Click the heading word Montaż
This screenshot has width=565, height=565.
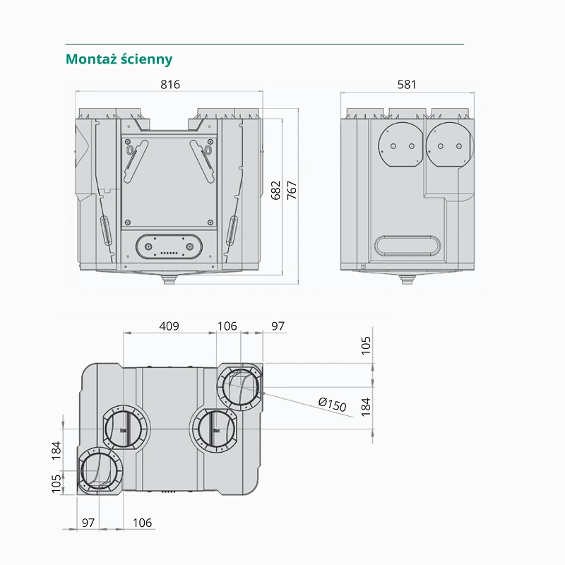91,59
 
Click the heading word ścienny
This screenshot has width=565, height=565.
147,59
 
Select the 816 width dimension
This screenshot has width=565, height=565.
170,84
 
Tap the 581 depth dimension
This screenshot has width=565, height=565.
407,84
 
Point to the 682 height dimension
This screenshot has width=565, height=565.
275,190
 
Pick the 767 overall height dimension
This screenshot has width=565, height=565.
292,190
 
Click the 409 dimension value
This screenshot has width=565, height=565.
169,326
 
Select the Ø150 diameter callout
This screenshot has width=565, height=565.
332,404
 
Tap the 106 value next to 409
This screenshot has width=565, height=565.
227,326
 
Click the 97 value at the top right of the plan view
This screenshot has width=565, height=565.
278,326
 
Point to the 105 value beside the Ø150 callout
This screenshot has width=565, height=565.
365,345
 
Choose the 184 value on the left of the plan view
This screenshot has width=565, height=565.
56,450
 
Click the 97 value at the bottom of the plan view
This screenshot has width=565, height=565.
88,523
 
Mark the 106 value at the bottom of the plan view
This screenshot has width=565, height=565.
143,523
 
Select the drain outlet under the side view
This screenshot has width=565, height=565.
408,279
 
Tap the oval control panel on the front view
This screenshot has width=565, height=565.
169,246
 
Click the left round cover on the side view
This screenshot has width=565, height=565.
400,145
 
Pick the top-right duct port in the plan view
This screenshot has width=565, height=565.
240,387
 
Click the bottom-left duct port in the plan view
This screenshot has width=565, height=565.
100,470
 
